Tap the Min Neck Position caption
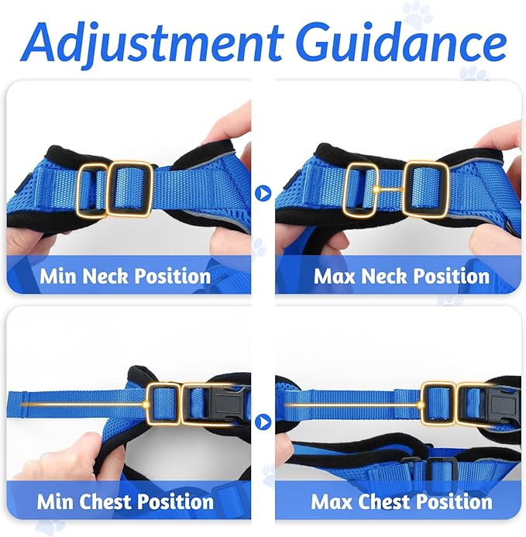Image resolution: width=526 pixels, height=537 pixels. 125,276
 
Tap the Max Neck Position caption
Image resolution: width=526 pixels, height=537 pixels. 401,276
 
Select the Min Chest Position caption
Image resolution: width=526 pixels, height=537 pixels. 125,501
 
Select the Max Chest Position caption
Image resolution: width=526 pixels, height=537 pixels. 401,501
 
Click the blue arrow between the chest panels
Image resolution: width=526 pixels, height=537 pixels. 263,422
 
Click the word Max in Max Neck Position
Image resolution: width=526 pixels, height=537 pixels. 335,276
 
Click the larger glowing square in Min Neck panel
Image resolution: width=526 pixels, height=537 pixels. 129,188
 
